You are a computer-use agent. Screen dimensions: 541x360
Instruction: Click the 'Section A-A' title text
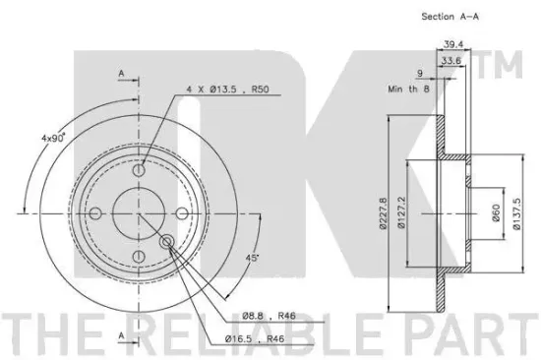coord(451,16)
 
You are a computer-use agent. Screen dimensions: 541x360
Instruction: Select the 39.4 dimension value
coord(453,44)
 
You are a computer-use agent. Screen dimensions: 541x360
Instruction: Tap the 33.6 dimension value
coord(451,60)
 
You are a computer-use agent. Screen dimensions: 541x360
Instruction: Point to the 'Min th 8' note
coord(409,90)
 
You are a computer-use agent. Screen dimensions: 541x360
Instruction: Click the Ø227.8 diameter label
coord(383,213)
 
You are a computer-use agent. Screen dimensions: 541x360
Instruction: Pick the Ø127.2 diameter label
coord(401,213)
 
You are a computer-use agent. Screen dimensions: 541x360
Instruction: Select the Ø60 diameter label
coord(496,213)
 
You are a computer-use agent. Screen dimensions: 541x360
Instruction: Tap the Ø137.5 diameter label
coord(516,213)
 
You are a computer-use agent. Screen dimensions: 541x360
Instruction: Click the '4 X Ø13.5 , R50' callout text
coord(227,90)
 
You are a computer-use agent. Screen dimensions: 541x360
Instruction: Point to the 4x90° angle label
coord(53,138)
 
